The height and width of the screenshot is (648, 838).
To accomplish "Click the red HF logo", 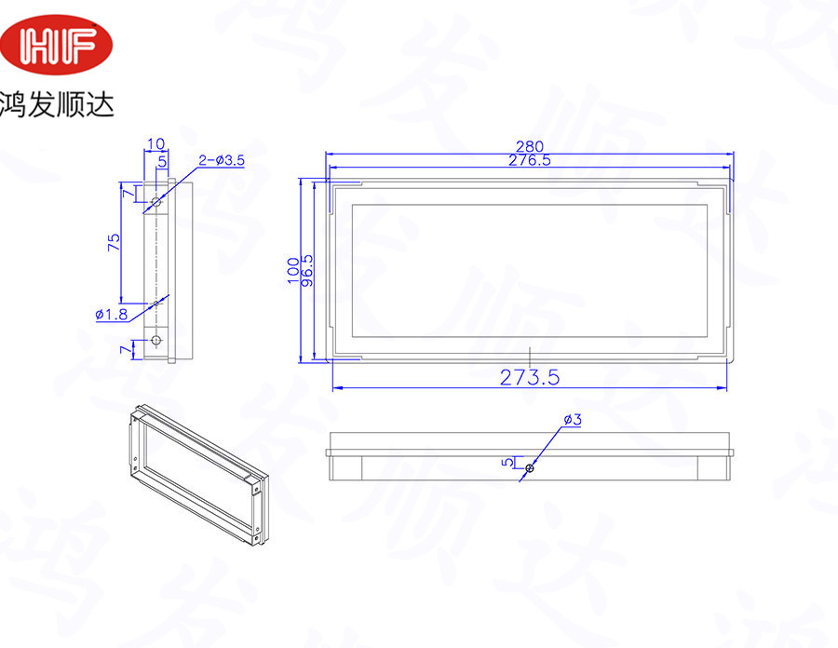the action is (x=56, y=45).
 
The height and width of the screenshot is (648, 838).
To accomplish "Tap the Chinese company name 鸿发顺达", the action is (x=57, y=104).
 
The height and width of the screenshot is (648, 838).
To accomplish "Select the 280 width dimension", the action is (x=530, y=146).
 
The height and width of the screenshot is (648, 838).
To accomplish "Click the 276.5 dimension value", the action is (x=529, y=160).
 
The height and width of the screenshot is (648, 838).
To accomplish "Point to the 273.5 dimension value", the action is (x=530, y=378).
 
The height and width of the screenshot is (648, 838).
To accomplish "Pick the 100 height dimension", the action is (x=293, y=270).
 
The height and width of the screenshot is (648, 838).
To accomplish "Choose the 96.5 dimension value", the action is (x=307, y=270).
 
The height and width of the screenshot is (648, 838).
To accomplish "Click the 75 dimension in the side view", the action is (x=114, y=242).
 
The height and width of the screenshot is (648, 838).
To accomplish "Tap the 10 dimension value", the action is (x=155, y=143).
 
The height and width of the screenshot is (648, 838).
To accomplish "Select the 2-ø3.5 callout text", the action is (x=222, y=160).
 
